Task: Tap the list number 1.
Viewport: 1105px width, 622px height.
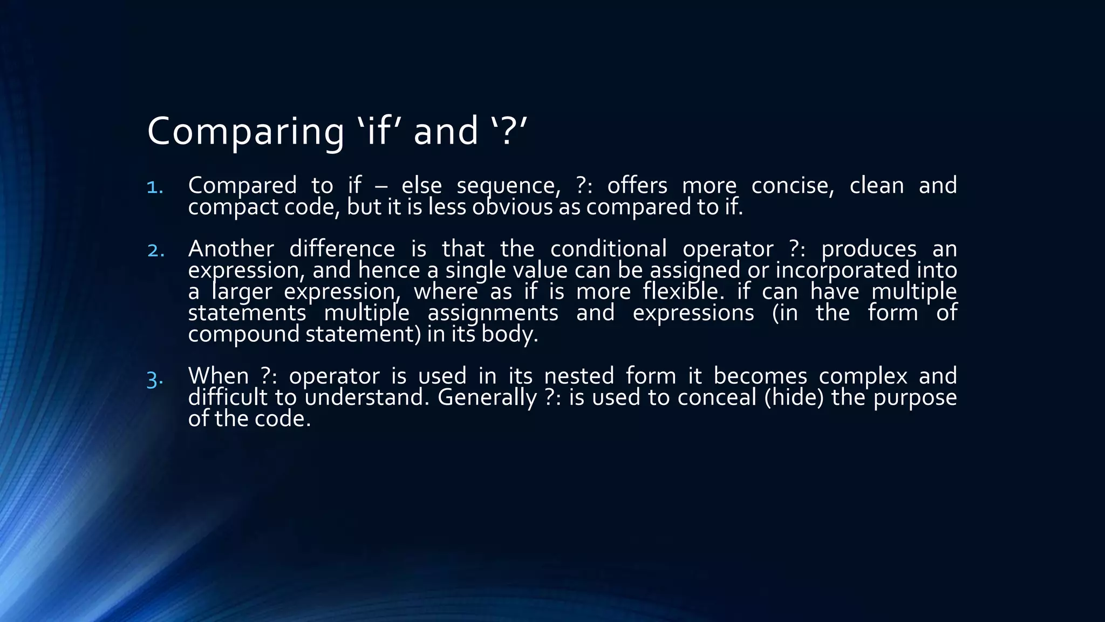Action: (x=155, y=187)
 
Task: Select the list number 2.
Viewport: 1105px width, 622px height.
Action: (x=155, y=251)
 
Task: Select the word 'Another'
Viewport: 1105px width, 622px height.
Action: (x=231, y=249)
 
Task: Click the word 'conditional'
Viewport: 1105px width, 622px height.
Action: (x=608, y=249)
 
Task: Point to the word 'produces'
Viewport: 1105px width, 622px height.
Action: (x=869, y=249)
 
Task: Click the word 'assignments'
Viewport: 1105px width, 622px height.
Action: (x=493, y=313)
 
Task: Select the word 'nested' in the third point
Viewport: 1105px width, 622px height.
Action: (x=579, y=376)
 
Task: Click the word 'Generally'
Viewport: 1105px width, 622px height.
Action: (x=487, y=398)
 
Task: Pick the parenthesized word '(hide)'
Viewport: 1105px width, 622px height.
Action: (x=794, y=398)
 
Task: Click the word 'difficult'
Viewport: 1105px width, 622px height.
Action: (x=228, y=398)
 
